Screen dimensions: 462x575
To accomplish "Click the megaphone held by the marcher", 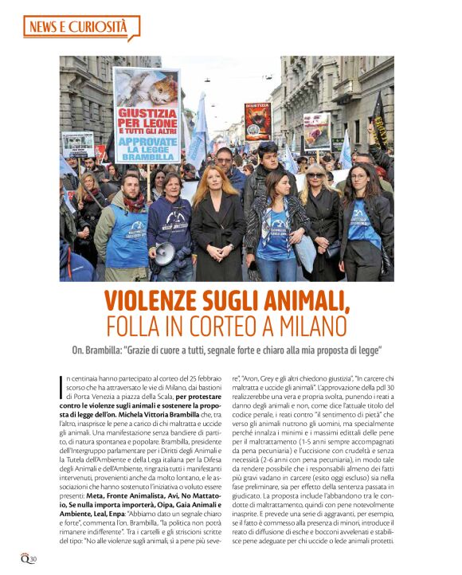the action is point(164,253).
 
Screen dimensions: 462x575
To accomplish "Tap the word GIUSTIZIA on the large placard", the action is point(147,113).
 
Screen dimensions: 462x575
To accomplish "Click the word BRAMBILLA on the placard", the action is point(147,158).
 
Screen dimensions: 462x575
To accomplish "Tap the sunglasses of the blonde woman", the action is point(315,174).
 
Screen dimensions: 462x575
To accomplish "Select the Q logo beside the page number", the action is point(24,555).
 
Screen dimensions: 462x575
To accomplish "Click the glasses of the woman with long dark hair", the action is point(360,174).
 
